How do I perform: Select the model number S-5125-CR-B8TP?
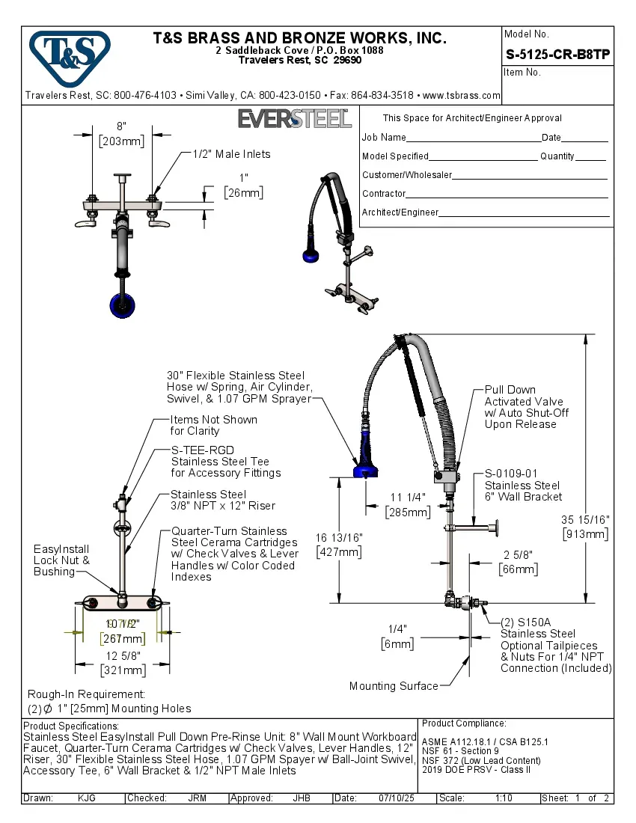[557, 54]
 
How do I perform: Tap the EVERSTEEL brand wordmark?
[294, 119]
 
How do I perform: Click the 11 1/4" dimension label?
[408, 505]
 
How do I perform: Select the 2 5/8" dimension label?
[518, 562]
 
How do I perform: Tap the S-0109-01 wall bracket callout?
[522, 485]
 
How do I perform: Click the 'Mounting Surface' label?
[394, 686]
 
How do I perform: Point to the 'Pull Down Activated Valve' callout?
[526, 406]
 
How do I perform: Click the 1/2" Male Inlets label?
[231, 154]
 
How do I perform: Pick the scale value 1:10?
[504, 798]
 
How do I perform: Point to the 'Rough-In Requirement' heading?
[86, 694]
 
